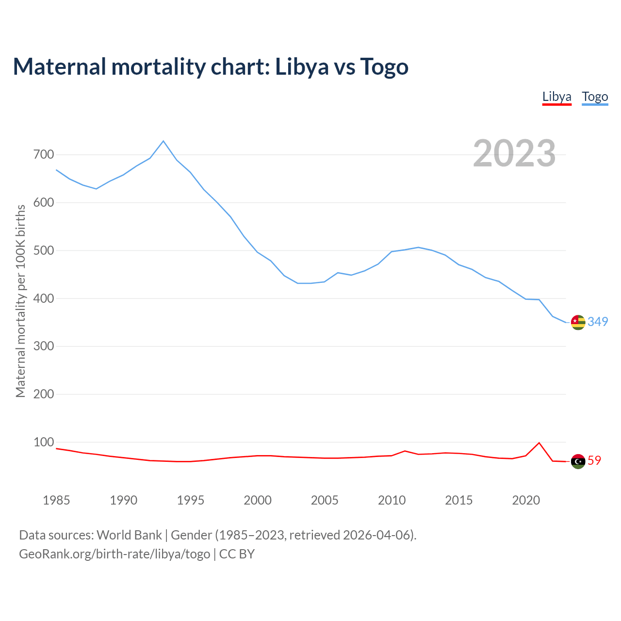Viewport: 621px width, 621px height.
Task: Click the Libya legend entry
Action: [556, 97]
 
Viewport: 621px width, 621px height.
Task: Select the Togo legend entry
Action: [595, 97]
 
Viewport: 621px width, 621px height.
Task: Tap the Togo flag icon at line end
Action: [578, 322]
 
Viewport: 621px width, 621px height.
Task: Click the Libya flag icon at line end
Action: [578, 461]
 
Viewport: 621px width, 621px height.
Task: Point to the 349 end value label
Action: [598, 322]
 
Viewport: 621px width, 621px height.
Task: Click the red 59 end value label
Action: [594, 460]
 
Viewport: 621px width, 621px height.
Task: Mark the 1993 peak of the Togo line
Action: [163, 141]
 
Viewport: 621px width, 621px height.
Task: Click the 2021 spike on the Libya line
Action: [539, 442]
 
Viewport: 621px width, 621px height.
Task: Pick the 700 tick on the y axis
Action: [44, 155]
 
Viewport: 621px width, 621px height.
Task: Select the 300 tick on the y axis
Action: [44, 346]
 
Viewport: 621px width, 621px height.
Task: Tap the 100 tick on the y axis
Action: [44, 442]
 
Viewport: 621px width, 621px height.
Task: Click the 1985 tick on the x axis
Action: [56, 500]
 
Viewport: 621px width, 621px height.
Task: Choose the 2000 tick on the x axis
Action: [258, 500]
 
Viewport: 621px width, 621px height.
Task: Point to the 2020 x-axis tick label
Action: [526, 500]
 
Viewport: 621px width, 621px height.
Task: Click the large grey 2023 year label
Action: [514, 153]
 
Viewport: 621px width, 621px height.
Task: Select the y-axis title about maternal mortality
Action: [20, 301]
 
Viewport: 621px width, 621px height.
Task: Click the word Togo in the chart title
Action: [384, 66]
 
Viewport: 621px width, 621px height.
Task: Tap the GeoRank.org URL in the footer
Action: [114, 554]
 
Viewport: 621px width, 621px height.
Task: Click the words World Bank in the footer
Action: [129, 535]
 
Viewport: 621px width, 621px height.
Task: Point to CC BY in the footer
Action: [237, 554]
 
